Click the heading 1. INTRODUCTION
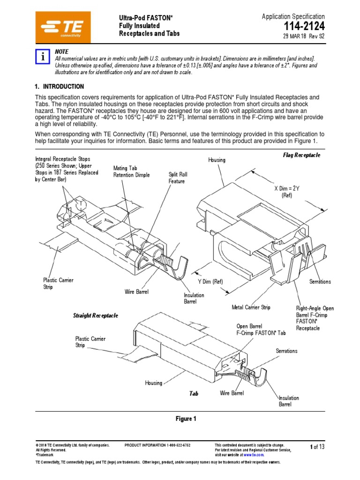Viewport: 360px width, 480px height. click(x=60, y=87)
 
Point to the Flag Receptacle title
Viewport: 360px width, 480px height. click(x=301, y=155)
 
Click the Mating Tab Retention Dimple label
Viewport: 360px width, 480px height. click(x=131, y=172)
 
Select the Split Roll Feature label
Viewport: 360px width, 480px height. click(x=177, y=178)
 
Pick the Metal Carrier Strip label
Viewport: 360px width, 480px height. click(x=251, y=307)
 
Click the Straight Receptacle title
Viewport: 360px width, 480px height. click(x=96, y=315)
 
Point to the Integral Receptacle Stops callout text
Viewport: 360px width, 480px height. click(x=67, y=169)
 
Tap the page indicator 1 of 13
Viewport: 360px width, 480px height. click(x=317, y=447)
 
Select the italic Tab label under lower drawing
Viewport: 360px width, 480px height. click(x=194, y=394)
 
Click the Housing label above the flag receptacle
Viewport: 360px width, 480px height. click(x=217, y=160)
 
